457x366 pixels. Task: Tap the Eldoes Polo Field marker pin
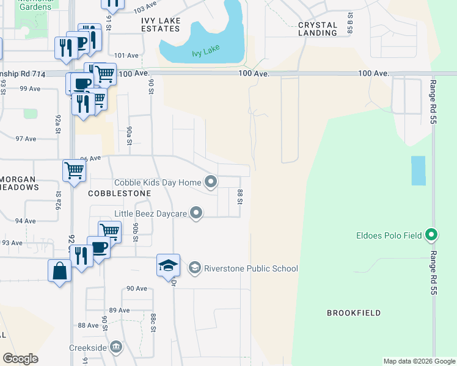432,234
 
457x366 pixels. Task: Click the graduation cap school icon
168,265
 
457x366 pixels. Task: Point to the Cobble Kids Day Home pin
211,182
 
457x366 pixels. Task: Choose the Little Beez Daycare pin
196,213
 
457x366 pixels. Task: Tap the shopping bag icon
60,270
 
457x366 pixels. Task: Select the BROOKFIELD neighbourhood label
354,313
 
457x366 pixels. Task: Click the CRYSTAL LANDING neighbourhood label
318,29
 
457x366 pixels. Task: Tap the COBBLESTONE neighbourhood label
119,193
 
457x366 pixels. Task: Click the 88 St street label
240,197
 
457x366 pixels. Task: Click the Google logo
21,359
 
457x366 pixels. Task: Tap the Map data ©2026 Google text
419,361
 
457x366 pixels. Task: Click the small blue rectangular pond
418,170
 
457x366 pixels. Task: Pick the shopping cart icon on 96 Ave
74,170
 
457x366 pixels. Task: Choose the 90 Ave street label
137,289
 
